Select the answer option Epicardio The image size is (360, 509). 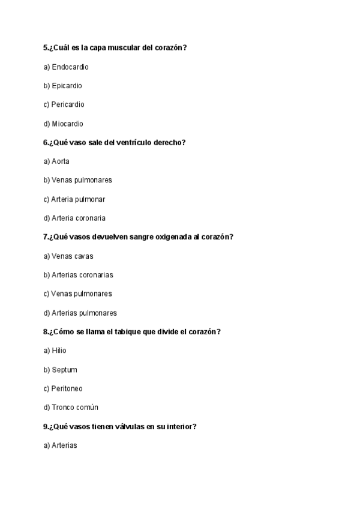67,86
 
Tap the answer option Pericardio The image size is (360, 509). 68,104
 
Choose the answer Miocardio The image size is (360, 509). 67,124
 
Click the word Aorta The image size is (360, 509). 61,161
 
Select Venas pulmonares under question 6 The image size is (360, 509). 82,180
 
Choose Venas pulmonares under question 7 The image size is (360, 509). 82,294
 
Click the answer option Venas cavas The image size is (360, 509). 73,256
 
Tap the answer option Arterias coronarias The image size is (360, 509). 82,275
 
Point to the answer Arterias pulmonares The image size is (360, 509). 84,313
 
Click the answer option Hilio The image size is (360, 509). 59,351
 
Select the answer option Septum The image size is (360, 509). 64,370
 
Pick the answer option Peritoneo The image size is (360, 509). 67,388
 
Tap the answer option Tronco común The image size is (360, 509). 75,408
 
